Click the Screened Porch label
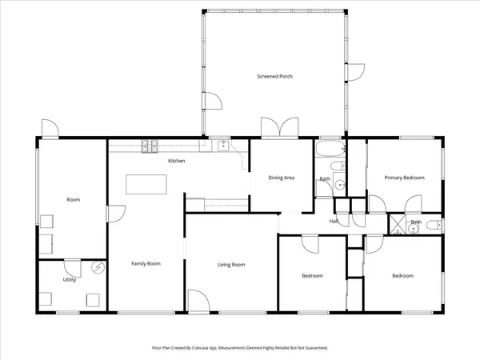tap(274, 76)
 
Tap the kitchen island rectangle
tap(147, 183)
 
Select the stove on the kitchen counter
tap(149, 146)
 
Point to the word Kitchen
tap(177, 162)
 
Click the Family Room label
tap(146, 263)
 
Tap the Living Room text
tap(231, 265)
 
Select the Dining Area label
tap(282, 178)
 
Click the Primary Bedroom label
tap(404, 178)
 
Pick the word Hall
tap(334, 222)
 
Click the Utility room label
tap(70, 280)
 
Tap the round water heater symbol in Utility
tap(98, 268)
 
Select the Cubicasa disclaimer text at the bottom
tap(240, 348)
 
